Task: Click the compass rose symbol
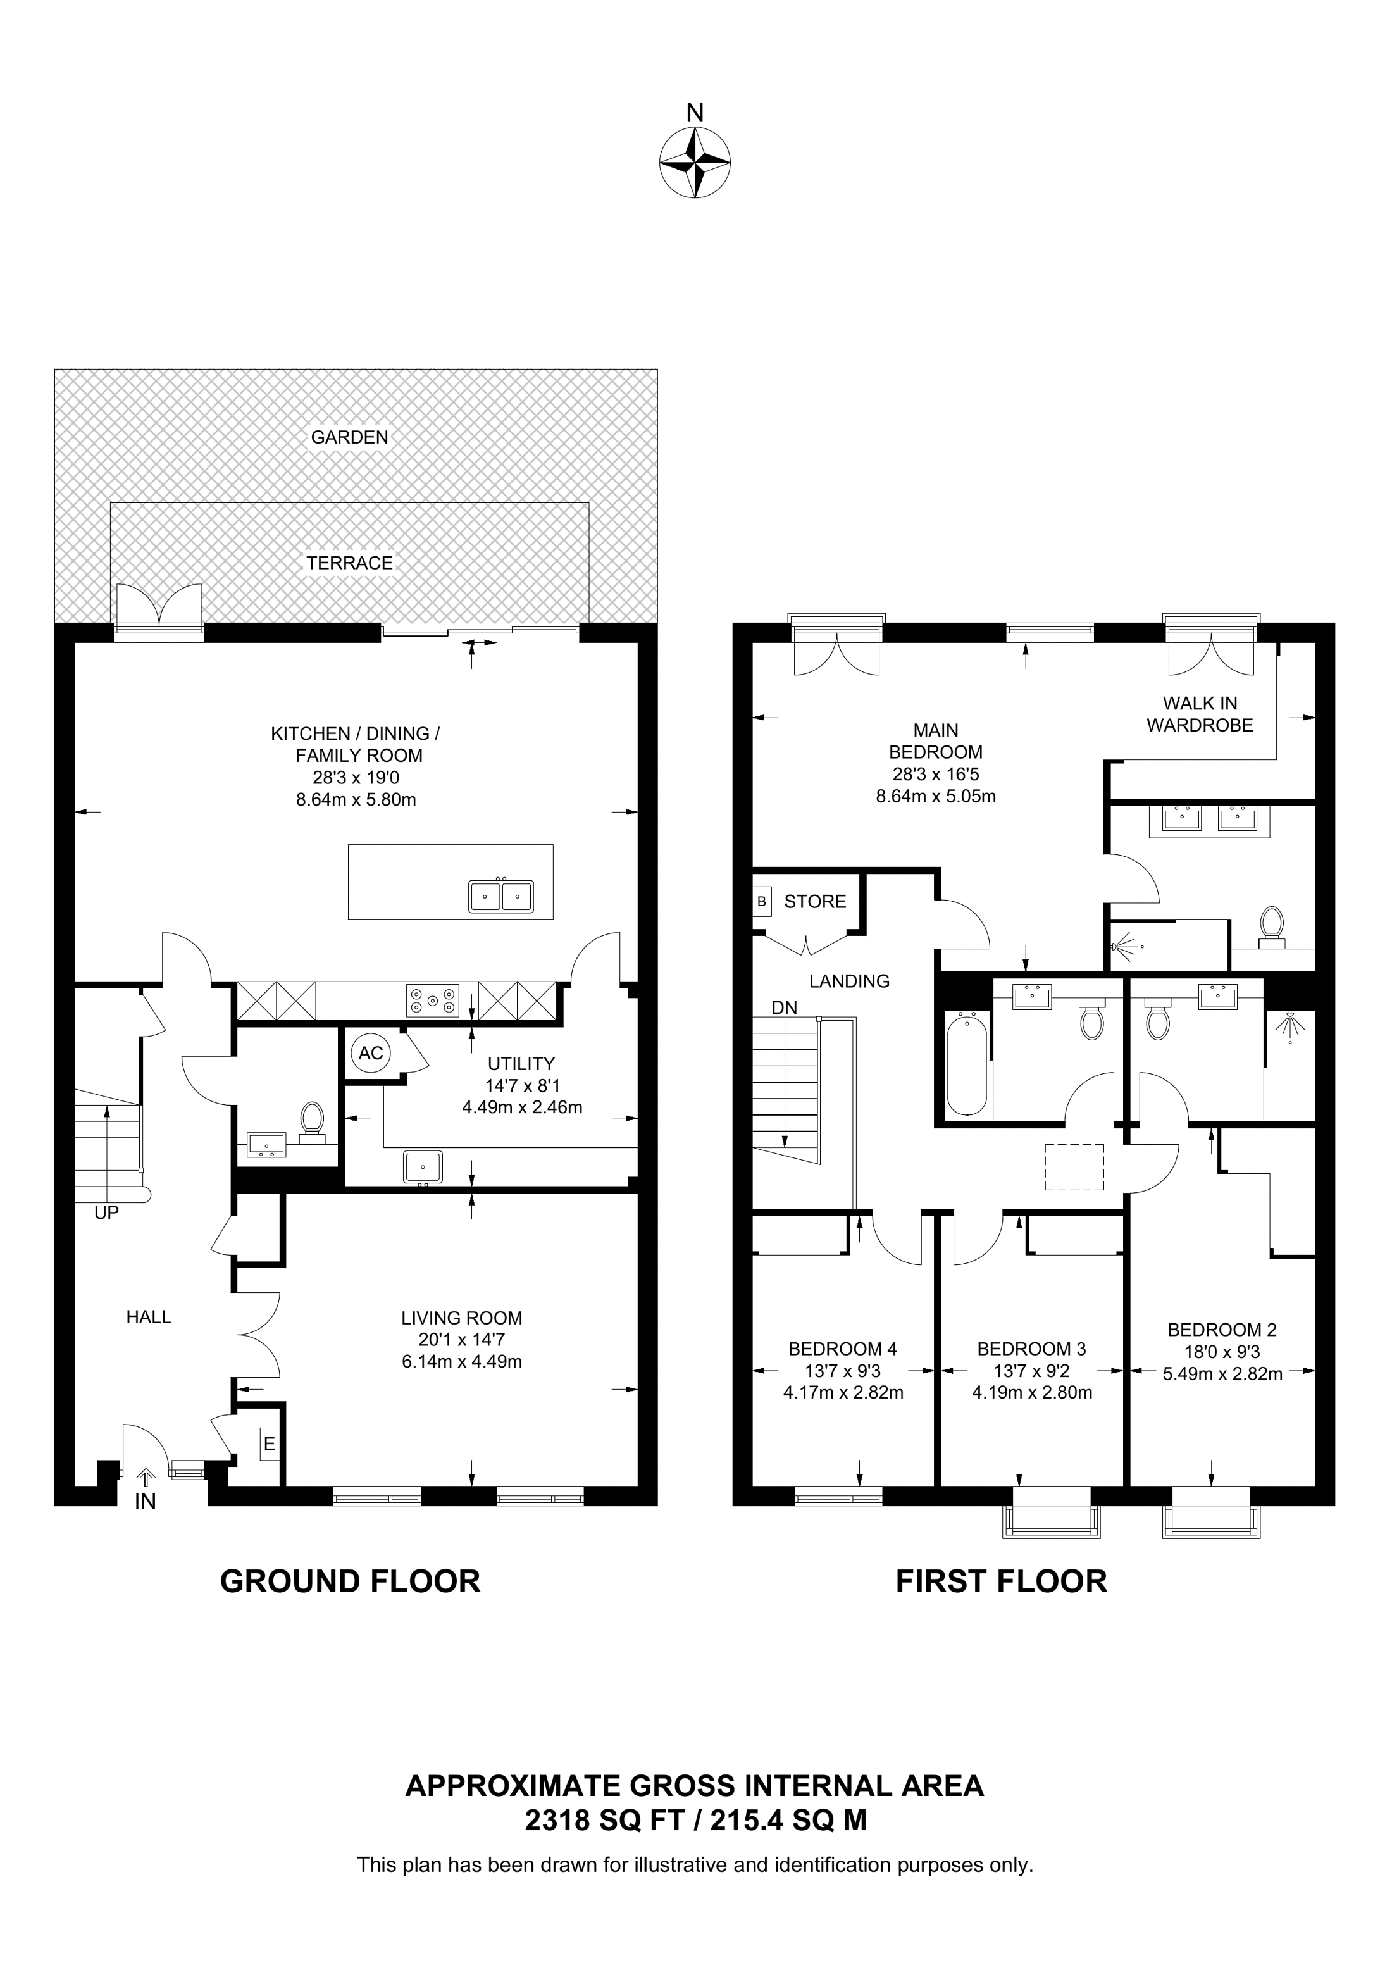695,163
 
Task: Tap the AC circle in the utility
371,1053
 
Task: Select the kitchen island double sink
500,895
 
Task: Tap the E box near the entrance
270,1444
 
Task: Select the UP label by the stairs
106,1213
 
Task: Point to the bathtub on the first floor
967,1065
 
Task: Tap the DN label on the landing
784,1007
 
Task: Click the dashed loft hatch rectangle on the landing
1074,1167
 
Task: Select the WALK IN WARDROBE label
1200,714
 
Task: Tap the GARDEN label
349,437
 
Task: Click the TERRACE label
349,563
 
